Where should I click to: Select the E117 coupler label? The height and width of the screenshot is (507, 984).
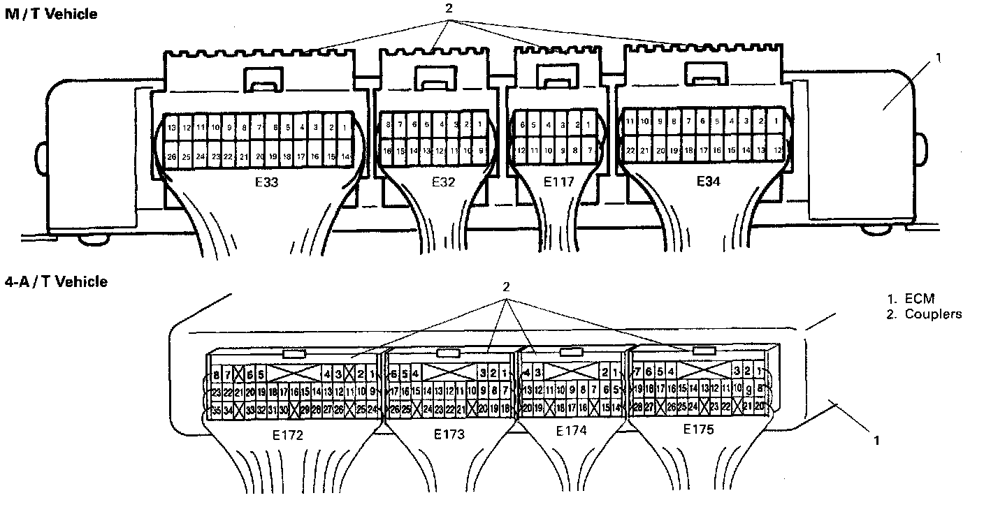point(558,182)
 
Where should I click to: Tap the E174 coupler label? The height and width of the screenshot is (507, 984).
point(572,431)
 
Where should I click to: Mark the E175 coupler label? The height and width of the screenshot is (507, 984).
point(698,429)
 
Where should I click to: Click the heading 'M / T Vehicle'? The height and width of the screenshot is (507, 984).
point(51,13)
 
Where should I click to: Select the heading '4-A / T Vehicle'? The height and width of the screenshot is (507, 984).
point(56,281)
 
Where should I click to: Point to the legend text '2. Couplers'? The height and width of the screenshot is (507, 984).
point(923,314)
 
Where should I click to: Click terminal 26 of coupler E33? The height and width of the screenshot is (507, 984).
point(172,157)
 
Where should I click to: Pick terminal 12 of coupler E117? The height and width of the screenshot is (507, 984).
point(521,150)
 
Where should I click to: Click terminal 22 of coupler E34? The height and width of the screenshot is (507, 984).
point(630,150)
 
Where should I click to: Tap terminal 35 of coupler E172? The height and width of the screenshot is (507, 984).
point(216,410)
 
